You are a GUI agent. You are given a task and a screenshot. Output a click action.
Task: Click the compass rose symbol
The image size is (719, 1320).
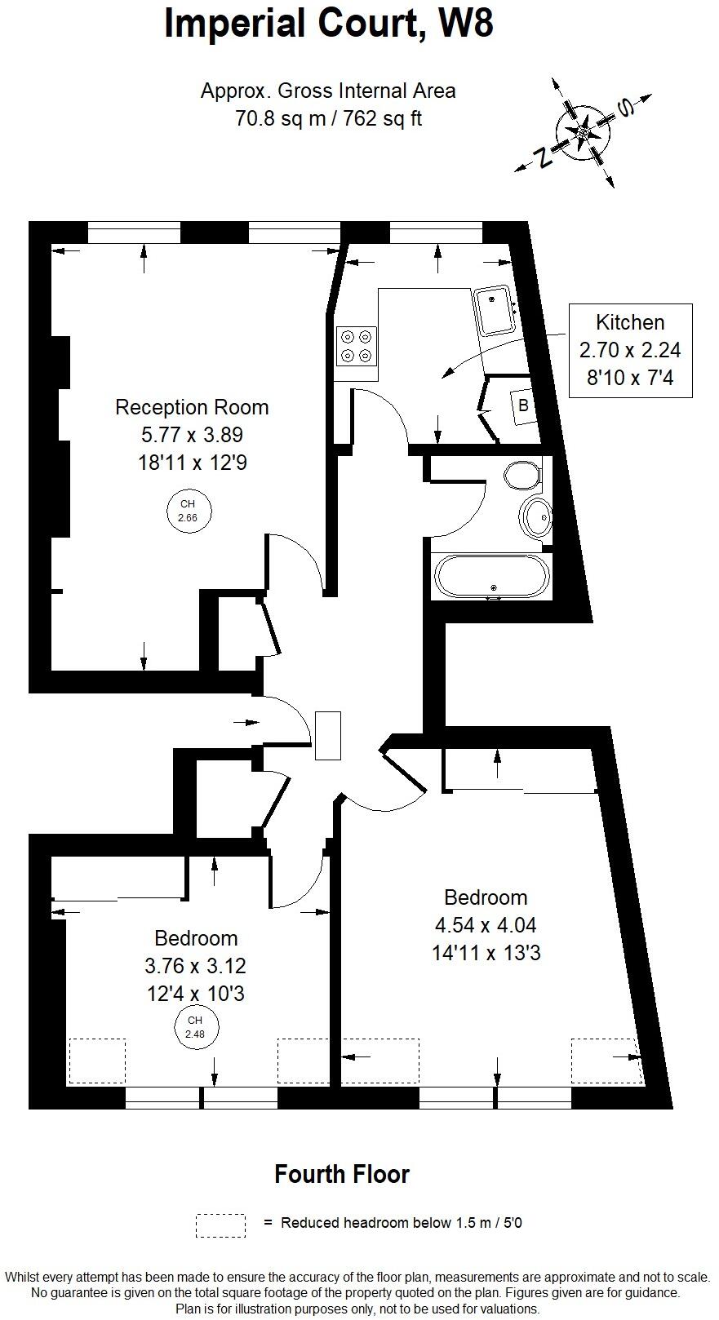(x=584, y=132)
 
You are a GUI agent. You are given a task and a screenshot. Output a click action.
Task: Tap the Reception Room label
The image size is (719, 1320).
(x=192, y=407)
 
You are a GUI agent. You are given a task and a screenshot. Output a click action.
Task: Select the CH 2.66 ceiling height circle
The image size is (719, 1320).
(x=188, y=511)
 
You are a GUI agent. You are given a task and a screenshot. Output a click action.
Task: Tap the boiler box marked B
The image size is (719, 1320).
(x=523, y=405)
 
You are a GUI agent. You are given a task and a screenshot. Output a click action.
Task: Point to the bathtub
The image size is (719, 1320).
(x=493, y=578)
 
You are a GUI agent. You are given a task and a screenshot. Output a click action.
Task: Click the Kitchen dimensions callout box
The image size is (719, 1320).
(x=630, y=350)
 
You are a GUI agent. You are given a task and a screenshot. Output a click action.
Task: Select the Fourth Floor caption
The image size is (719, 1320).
(x=341, y=1175)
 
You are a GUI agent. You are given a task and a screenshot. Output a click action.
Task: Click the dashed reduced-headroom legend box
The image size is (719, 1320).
(x=220, y=1225)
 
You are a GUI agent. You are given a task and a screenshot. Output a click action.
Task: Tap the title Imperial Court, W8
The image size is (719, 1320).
(x=329, y=23)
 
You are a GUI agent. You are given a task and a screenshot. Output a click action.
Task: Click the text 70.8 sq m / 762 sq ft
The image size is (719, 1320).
(x=329, y=118)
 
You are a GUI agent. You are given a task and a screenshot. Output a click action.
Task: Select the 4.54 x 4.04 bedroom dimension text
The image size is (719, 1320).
(x=486, y=925)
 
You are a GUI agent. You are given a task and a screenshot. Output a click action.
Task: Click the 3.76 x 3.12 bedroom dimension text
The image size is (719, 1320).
(x=195, y=966)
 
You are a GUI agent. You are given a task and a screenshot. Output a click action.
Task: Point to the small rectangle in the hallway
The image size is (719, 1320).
(x=328, y=735)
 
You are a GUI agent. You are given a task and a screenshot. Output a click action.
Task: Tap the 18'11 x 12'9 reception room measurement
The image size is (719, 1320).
(x=192, y=463)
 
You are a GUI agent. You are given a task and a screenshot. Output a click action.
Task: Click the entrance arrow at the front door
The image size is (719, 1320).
(x=244, y=722)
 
